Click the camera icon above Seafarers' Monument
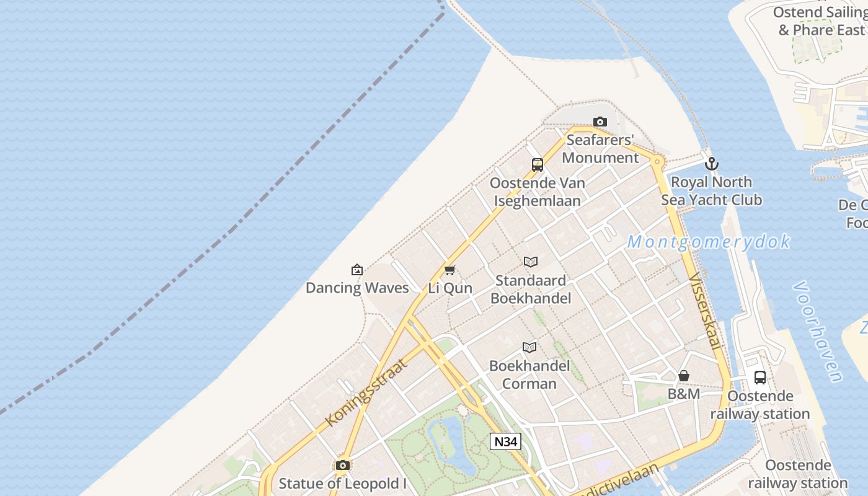(600, 122)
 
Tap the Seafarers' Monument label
(600, 149)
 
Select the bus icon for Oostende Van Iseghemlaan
(538, 165)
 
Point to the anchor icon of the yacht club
(712, 164)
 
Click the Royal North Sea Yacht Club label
(711, 191)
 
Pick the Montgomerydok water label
(709, 242)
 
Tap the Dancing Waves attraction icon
(356, 270)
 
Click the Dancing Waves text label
(357, 288)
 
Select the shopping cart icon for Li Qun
(450, 270)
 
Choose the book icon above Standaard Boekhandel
(531, 262)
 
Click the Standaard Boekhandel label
(531, 289)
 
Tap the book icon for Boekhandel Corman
(529, 347)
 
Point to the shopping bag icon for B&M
(684, 376)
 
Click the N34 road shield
(505, 441)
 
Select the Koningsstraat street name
(367, 392)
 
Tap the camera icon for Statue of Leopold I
(342, 465)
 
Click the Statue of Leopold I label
(342, 483)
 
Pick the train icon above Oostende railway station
(760, 377)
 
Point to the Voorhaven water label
(818, 332)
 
